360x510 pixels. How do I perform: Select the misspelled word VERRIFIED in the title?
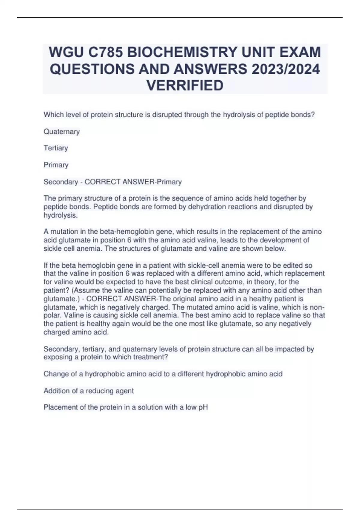pyautogui.click(x=185, y=85)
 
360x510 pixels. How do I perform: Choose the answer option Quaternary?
pyautogui.click(x=61, y=132)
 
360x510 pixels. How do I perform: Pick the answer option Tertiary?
pyautogui.click(x=56, y=148)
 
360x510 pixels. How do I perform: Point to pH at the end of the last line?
pyautogui.click(x=203, y=407)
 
